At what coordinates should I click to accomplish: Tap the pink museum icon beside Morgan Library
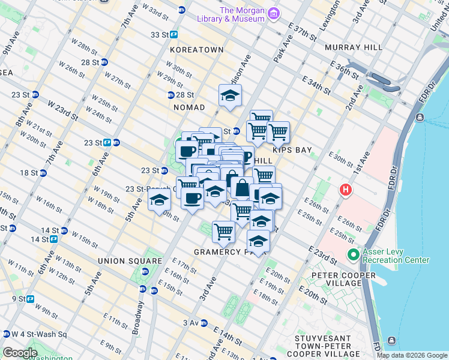point(273,13)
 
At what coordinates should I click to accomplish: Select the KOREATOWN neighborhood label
point(196,50)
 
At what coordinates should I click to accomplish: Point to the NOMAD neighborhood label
point(189,107)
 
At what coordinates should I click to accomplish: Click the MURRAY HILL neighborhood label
point(353,47)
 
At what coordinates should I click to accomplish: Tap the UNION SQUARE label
point(130,261)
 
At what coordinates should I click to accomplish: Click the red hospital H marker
point(346,191)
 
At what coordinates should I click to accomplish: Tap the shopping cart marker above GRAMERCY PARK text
point(223,231)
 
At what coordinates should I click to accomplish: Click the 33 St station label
point(160,35)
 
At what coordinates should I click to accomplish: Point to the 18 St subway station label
point(29,173)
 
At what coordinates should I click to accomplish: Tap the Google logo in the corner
point(20,353)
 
